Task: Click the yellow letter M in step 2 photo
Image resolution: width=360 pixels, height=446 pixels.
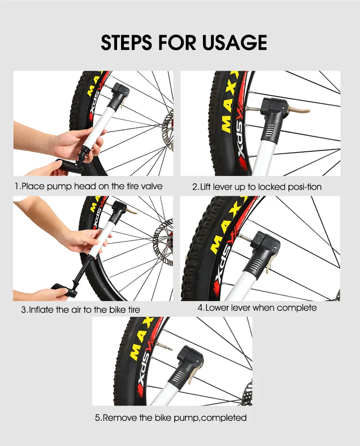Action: click(224, 122)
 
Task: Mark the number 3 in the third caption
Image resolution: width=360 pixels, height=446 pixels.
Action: click(24, 310)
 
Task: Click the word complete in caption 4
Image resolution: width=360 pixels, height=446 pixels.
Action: click(297, 308)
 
